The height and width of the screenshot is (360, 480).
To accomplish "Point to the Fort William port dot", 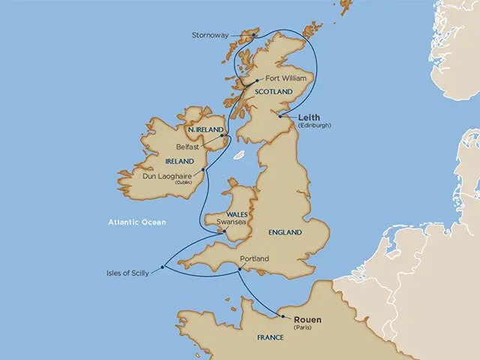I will click(x=256, y=80).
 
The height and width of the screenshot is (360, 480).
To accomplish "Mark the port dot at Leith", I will click(x=279, y=115).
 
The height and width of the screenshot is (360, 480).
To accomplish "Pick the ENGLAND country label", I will click(x=284, y=232).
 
